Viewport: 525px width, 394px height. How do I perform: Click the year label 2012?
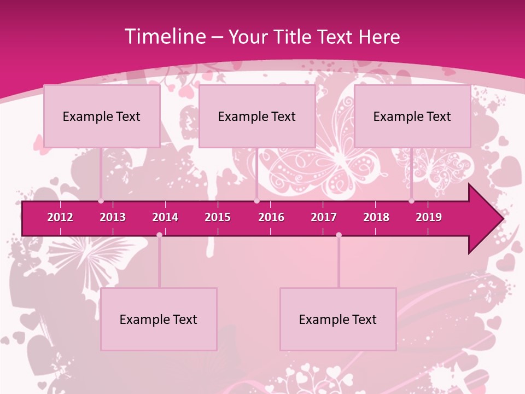60,217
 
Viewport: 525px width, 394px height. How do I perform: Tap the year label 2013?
113,217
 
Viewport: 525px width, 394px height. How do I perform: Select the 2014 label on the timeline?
165,217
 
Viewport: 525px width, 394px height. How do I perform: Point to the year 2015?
218,217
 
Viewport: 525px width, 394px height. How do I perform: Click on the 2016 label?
271,217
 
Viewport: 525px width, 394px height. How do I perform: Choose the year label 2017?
324,217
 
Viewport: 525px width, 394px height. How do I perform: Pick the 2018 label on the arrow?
376,217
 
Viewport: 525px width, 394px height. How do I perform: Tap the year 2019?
429,217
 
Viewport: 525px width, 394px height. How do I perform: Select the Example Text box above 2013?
102,116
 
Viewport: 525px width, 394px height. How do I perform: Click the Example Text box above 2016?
257,116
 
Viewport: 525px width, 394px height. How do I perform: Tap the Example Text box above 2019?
412,116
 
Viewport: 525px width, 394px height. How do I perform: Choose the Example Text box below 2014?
159,319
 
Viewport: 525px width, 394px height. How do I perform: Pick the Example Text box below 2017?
338,319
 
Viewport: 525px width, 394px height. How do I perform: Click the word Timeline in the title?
164,37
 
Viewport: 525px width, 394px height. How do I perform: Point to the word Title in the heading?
295,37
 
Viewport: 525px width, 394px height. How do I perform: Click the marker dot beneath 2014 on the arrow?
159,235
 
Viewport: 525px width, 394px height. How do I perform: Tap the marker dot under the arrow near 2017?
339,235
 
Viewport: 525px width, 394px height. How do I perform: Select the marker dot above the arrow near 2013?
101,201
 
